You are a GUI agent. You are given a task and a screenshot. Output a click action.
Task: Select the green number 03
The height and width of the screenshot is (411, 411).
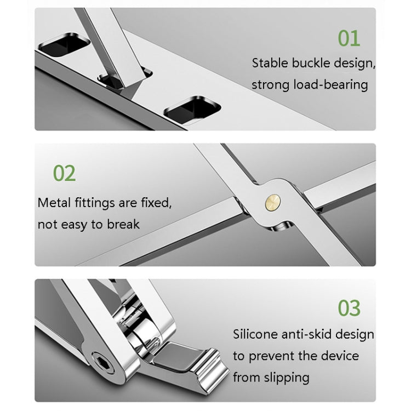pyautogui.click(x=349, y=308)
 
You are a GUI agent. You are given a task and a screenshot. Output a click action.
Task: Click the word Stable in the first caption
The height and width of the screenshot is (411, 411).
pyautogui.click(x=270, y=62)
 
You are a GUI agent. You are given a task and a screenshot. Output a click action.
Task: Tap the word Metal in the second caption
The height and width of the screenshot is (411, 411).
pyautogui.click(x=54, y=203)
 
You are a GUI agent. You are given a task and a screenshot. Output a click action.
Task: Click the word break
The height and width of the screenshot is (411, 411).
pyautogui.click(x=123, y=224)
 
